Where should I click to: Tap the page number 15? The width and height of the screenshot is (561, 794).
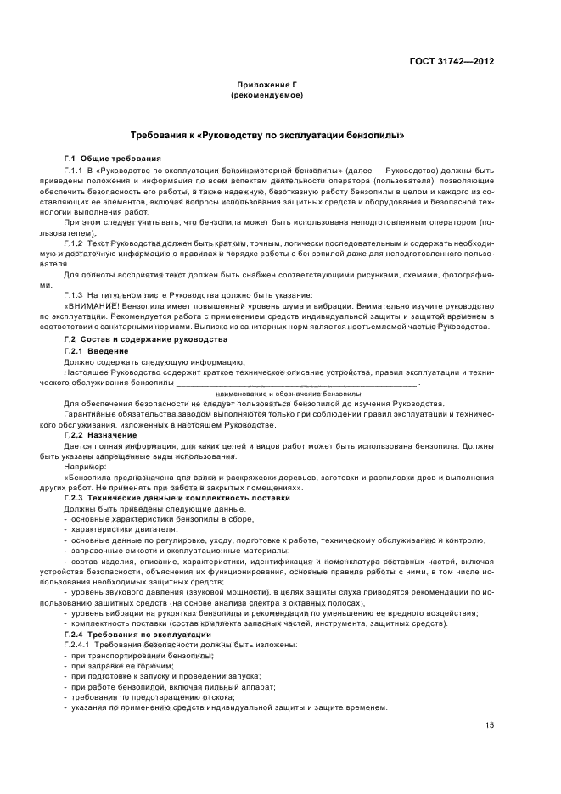[x=490, y=724]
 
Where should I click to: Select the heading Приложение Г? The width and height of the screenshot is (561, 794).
[x=266, y=86]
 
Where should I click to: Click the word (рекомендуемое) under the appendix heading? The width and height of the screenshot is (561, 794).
[x=266, y=95]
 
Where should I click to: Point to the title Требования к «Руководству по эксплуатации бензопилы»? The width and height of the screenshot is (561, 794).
[x=266, y=135]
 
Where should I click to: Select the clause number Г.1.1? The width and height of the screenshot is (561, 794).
[x=76, y=171]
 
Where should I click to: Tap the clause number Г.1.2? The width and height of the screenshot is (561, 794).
[x=76, y=243]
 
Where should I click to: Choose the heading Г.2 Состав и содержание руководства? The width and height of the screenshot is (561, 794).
[x=146, y=339]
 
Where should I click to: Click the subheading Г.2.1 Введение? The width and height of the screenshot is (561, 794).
[x=96, y=350]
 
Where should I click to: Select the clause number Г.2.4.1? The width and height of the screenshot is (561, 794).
[x=79, y=645]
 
